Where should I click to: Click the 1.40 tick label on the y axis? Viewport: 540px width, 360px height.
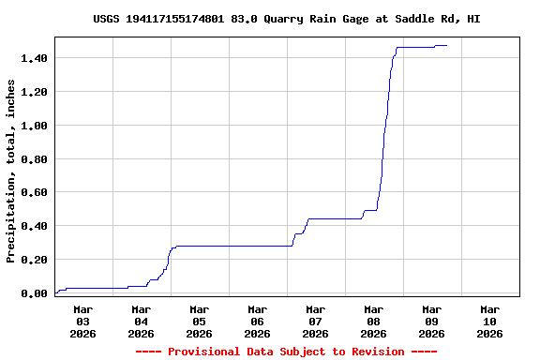(x=36, y=58)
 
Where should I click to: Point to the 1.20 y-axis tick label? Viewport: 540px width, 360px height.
(x=36, y=92)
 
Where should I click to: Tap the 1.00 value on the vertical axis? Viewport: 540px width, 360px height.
(x=36, y=125)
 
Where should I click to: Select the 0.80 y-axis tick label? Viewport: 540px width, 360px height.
(x=36, y=158)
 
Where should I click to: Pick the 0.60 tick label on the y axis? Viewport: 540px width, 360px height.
(x=36, y=192)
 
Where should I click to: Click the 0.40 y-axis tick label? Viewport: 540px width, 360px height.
(x=36, y=226)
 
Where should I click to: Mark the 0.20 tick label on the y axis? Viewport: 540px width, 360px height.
(x=36, y=260)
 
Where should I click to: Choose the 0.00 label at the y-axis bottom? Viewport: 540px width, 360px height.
(x=36, y=293)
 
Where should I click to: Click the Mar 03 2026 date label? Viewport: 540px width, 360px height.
(x=82, y=321)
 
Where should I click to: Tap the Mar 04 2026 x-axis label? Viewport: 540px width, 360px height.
(x=141, y=321)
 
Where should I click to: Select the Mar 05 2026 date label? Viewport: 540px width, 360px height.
(x=199, y=321)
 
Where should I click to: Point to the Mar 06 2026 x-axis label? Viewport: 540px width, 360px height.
(x=257, y=321)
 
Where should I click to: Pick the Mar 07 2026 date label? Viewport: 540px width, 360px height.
(x=315, y=321)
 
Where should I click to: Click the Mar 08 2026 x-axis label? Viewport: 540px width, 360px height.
(x=373, y=321)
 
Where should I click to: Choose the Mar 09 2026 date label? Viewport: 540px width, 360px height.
(x=431, y=321)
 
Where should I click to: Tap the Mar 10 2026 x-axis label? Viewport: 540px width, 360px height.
(x=489, y=321)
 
